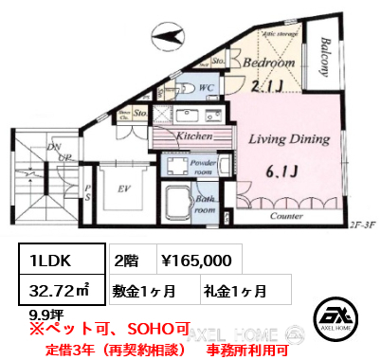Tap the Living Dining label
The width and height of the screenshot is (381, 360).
(290, 139)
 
